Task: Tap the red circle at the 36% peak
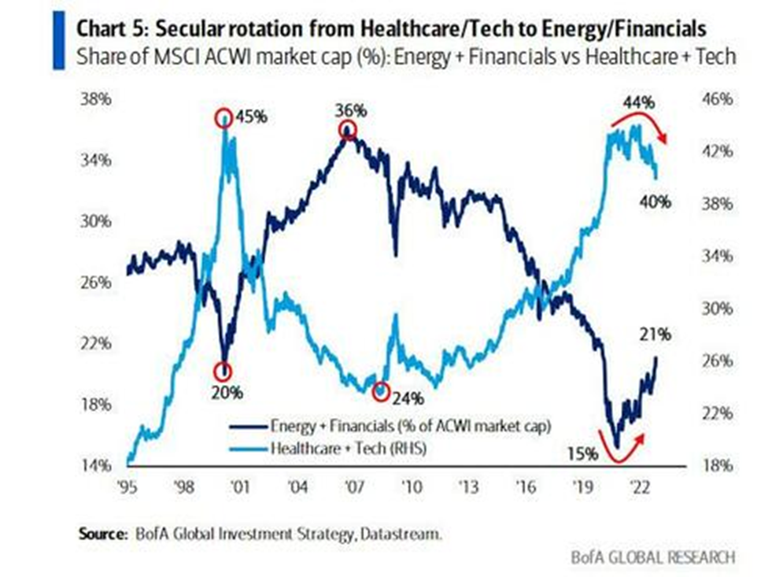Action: (x=347, y=131)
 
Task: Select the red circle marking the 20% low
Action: (x=225, y=370)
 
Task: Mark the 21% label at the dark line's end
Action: (x=654, y=335)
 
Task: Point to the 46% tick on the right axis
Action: (x=716, y=101)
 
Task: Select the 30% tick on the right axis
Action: (x=716, y=309)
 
